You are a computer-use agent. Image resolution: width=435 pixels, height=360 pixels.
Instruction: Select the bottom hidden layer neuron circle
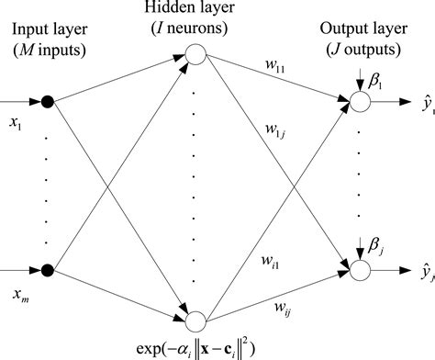195,321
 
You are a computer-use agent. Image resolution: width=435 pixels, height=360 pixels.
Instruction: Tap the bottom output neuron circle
359,270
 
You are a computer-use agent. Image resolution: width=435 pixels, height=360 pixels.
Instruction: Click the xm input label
17,292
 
